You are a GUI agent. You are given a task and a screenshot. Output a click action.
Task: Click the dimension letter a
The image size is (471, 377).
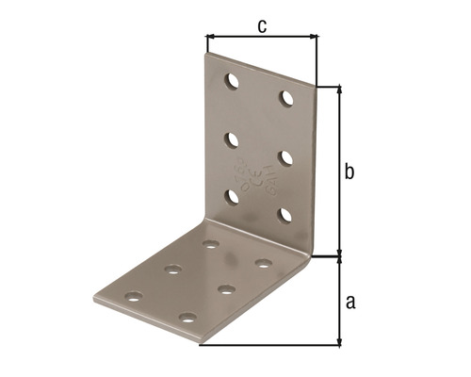[x=350, y=302]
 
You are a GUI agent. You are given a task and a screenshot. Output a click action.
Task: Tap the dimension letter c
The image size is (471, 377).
[x=261, y=25]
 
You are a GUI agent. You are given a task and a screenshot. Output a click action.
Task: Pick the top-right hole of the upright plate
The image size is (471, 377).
[x=285, y=97]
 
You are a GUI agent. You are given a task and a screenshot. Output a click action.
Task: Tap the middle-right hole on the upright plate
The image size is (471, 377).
[x=285, y=156]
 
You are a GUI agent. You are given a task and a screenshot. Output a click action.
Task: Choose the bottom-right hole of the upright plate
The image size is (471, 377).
[x=285, y=214]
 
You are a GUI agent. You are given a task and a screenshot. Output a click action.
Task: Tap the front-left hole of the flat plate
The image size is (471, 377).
[x=134, y=296]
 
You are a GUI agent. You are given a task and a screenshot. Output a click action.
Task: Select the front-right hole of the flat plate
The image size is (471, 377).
[x=188, y=319]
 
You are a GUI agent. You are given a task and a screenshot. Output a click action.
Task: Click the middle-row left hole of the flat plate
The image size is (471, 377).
[x=173, y=270]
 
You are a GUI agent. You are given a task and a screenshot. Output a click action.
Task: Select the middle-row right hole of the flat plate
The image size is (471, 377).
[x=226, y=288]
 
